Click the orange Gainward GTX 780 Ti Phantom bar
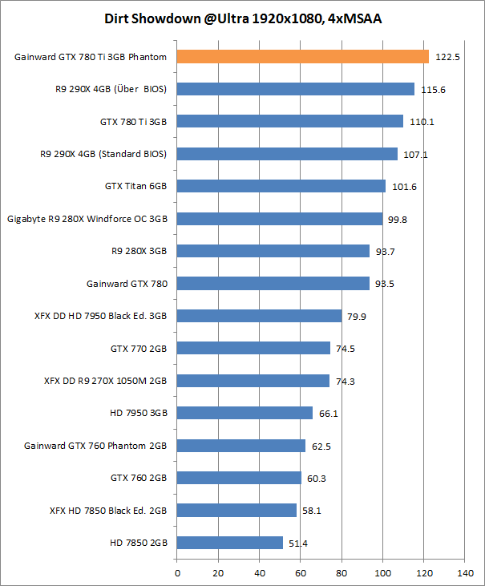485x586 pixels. point(303,56)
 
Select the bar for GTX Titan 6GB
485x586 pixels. point(281,186)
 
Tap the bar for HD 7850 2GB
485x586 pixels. point(230,543)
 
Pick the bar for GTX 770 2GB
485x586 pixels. point(253,348)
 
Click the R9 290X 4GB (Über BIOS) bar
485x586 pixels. point(296,89)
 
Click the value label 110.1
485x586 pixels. point(421,122)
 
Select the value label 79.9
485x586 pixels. point(358,316)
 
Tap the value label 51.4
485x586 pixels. point(299,544)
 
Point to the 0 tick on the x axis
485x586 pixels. point(177,573)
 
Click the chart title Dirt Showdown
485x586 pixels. point(243,18)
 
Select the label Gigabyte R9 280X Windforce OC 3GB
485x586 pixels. point(87,218)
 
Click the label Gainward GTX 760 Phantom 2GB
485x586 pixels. point(95,446)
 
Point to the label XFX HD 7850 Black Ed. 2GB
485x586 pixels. point(108,511)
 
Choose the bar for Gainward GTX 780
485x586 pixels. point(273,283)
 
